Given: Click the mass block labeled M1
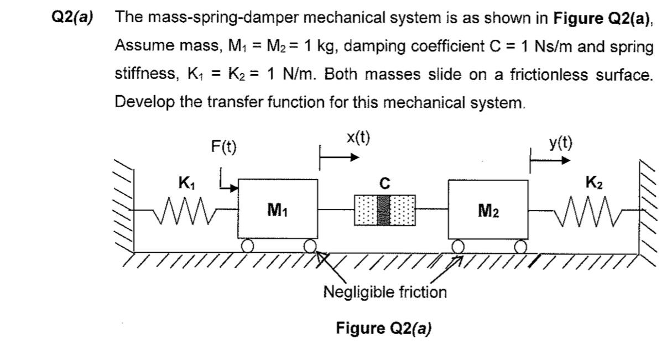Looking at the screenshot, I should coord(278,210).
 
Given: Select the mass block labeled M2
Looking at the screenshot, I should coord(488,210).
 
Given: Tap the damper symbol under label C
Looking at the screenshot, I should coord(384,210).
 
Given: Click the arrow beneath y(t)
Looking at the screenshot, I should coord(550,161).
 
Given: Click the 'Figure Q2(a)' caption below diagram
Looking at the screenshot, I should coord(384,328).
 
